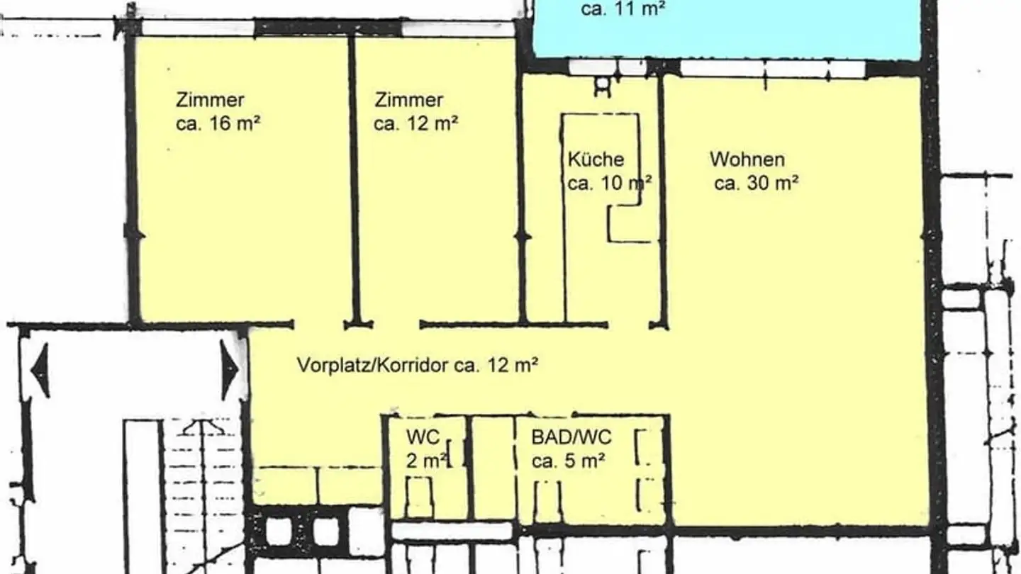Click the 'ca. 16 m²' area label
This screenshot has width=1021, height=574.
[218, 124]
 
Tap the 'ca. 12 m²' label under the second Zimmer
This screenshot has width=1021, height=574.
[416, 124]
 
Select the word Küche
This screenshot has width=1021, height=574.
[596, 159]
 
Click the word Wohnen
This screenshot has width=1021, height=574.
[747, 159]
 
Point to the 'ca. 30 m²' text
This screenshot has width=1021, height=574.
[757, 184]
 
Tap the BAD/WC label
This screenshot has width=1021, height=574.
[571, 437]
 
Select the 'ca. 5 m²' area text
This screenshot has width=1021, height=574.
[568, 461]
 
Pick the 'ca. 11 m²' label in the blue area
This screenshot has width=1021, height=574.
[623, 10]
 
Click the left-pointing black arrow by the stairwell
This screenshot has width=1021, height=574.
[40, 370]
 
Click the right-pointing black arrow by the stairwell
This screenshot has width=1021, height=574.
[229, 370]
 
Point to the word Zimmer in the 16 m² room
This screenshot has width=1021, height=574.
[211, 100]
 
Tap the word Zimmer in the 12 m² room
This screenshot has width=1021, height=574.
[409, 100]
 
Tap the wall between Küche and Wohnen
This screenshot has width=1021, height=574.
[662, 198]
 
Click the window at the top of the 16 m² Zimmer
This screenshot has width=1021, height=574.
[198, 28]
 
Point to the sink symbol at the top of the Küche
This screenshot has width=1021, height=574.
[602, 84]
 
